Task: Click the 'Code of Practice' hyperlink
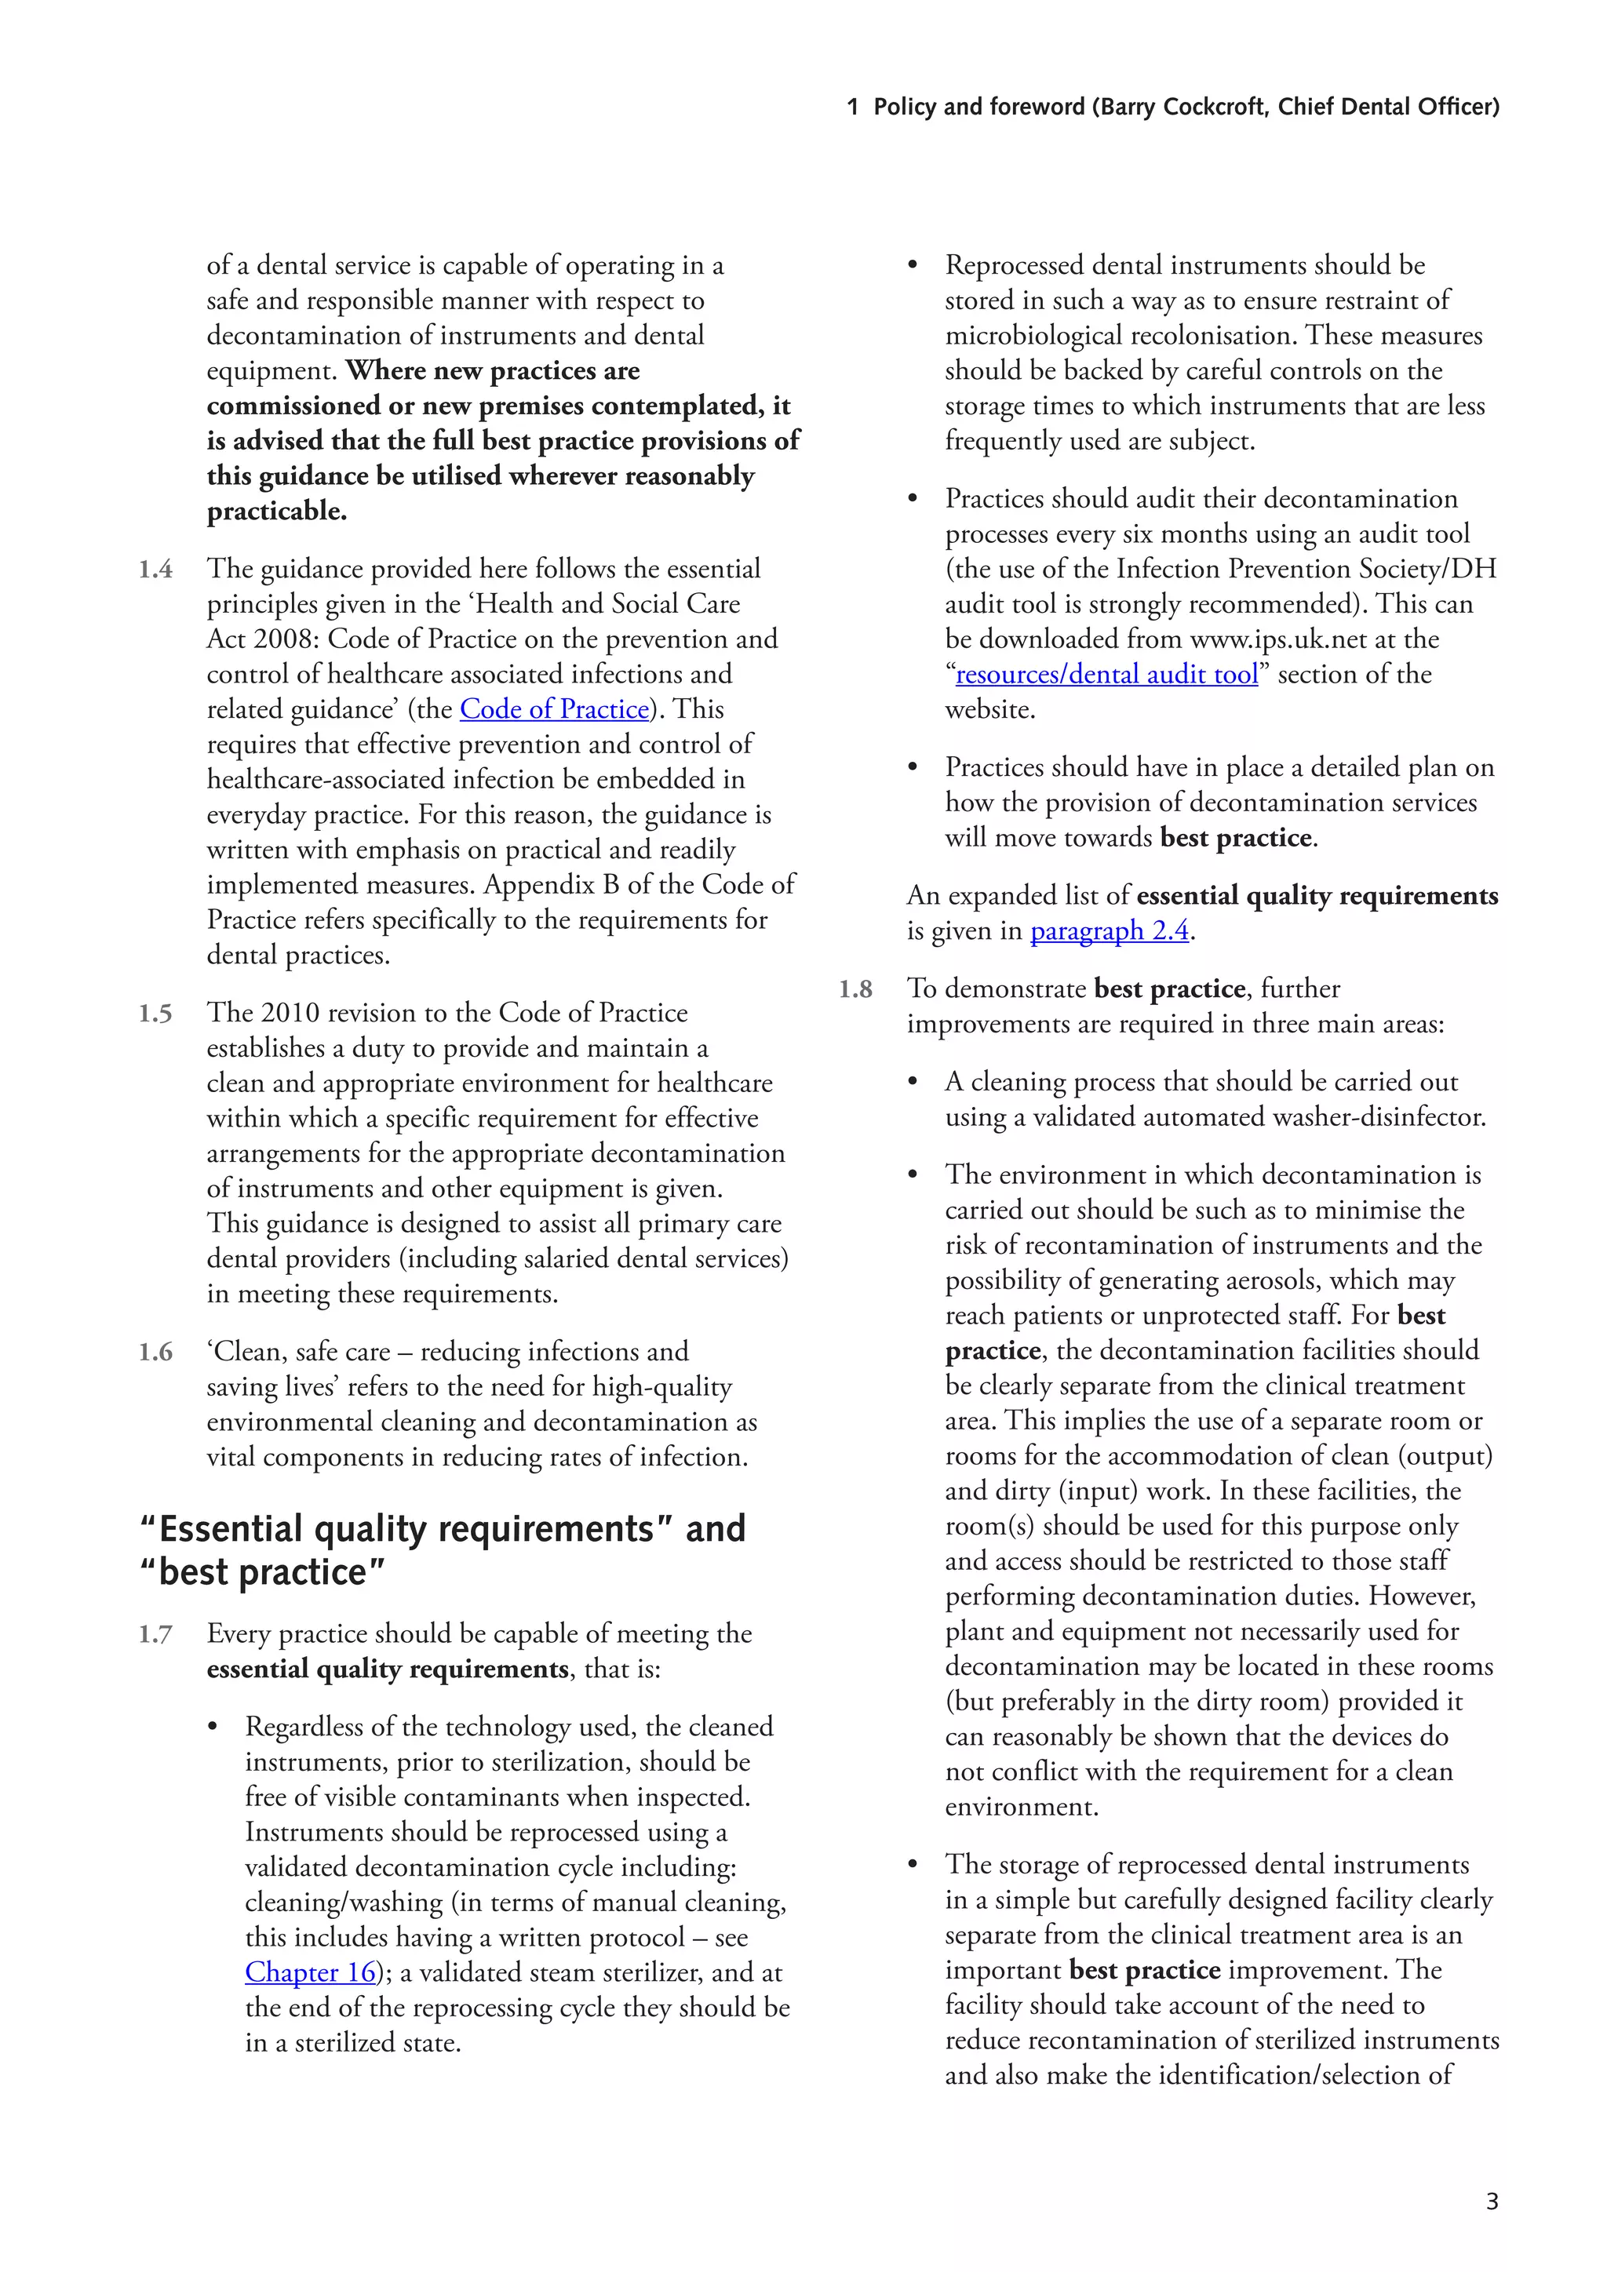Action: click(554, 709)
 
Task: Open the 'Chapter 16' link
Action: click(311, 1972)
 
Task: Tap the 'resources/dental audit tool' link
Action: click(1106, 675)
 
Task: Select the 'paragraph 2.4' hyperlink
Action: click(1110, 931)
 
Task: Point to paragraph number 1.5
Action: click(155, 1014)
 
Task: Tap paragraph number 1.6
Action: click(155, 1352)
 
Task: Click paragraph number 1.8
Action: click(855, 989)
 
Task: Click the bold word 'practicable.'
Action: click(277, 512)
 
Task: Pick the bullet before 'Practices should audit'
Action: click(913, 499)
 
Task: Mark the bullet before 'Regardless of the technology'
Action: click(213, 1728)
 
